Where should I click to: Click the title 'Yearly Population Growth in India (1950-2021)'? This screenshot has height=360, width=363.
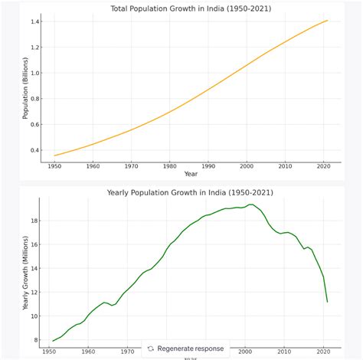point(190,192)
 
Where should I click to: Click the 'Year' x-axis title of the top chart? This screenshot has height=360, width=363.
point(191,174)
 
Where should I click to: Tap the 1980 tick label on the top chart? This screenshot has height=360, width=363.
point(169,165)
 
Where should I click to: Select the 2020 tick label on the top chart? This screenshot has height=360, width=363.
point(323,165)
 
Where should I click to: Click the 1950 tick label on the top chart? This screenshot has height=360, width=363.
point(54,165)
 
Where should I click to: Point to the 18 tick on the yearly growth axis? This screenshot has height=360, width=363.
point(35,220)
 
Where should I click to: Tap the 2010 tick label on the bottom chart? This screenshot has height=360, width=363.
point(284,351)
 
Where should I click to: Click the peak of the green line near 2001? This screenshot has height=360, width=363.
point(250,205)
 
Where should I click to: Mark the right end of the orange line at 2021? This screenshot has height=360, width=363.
point(328,20)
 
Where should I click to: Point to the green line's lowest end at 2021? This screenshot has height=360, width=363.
point(328,302)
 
